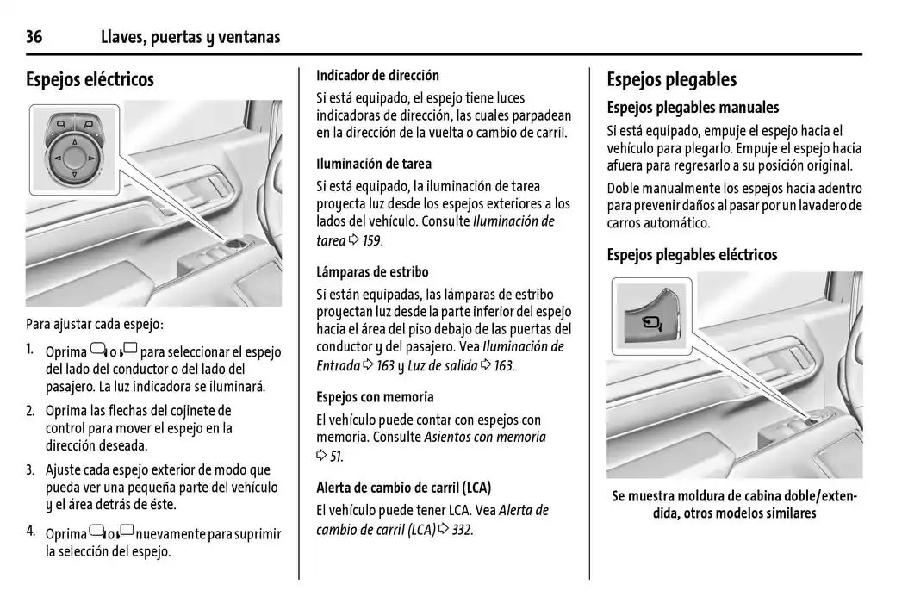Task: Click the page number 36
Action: pos(34,37)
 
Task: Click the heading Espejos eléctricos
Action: pos(90,79)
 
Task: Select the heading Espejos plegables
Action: pos(671,79)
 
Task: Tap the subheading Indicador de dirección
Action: pos(377,75)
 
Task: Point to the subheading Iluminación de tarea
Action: pos(374,164)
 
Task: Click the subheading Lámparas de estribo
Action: pos(372,272)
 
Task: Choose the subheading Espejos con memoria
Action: pos(375,397)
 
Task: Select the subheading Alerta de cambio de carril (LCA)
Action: pos(403,487)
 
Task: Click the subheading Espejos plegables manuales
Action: pos(693,108)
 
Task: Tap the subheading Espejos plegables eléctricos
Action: pos(692,255)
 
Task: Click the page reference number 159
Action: pos(371,241)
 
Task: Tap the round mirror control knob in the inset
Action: pos(72,157)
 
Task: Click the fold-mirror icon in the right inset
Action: pos(653,325)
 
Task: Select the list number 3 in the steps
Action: pos(30,470)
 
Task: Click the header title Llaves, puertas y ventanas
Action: pos(190,37)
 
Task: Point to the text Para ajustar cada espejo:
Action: pos(94,325)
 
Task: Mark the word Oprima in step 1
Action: pos(65,352)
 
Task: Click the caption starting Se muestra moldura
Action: pos(734,505)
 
